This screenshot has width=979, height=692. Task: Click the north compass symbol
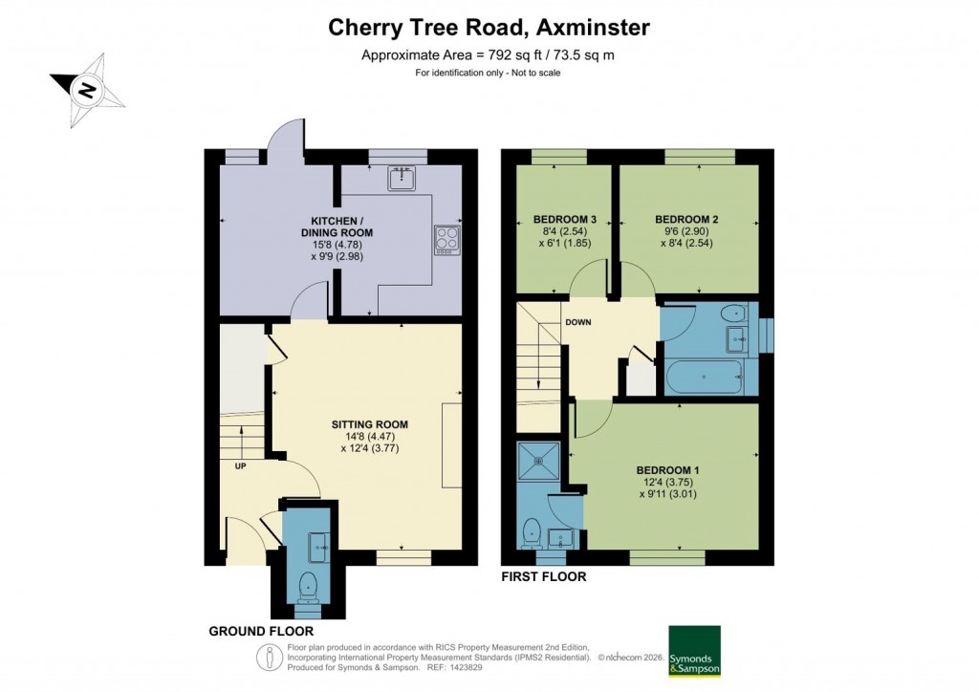[x=87, y=90]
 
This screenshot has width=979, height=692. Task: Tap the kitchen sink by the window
[x=401, y=178]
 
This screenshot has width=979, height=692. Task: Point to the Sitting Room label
[x=370, y=424]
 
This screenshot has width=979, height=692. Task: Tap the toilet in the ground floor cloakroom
[x=308, y=586]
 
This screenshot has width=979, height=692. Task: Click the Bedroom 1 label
[x=668, y=470]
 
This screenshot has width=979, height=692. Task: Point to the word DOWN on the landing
[x=577, y=322]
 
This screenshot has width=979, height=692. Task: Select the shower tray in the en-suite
[x=541, y=460]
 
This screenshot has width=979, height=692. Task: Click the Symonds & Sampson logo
[x=694, y=651]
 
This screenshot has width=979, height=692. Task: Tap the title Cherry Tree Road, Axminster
[x=489, y=28]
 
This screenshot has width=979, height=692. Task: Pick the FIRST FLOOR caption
[x=544, y=577]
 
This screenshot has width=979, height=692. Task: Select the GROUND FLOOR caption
[x=261, y=632]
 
